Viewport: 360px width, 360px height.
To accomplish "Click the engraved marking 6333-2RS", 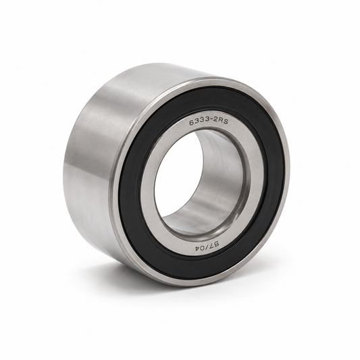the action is [209, 122].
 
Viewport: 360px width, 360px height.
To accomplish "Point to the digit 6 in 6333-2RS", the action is [191, 123].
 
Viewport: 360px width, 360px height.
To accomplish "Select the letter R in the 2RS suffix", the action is [220, 122].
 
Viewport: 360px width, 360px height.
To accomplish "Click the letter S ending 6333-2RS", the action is [226, 122].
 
